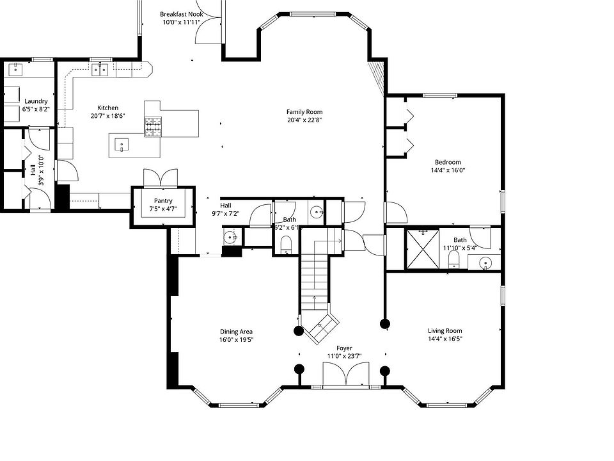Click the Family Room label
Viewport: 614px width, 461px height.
pyautogui.click(x=304, y=111)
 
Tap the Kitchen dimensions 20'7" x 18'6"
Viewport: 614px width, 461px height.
pyautogui.click(x=107, y=116)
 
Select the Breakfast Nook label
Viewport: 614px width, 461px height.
pyautogui.click(x=181, y=14)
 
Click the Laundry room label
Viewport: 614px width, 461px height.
pyautogui.click(x=36, y=101)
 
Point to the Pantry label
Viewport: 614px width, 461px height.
pyautogui.click(x=163, y=200)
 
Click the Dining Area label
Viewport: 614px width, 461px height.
pyautogui.click(x=236, y=332)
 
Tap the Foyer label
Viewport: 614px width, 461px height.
pyautogui.click(x=344, y=348)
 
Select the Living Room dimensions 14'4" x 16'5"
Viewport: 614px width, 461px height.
pyautogui.click(x=445, y=339)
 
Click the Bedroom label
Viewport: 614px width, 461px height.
pyautogui.click(x=448, y=162)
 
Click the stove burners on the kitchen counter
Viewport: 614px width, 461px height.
pyautogui.click(x=153, y=127)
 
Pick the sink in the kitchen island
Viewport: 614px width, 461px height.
pyautogui.click(x=122, y=145)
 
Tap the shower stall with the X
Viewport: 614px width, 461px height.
pyautogui.click(x=423, y=249)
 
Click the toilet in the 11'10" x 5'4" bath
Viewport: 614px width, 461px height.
pyautogui.click(x=453, y=259)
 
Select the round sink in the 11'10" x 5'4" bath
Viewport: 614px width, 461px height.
pyautogui.click(x=485, y=263)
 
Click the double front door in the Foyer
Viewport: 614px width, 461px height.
pyautogui.click(x=346, y=374)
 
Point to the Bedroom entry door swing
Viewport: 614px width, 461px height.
pyautogui.click(x=397, y=212)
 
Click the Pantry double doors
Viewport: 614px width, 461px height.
pyautogui.click(x=161, y=178)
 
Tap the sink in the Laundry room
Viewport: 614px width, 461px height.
pyautogui.click(x=15, y=69)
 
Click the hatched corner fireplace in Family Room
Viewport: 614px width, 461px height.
pyautogui.click(x=377, y=76)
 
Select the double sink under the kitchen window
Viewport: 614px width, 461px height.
pyautogui.click(x=100, y=69)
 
